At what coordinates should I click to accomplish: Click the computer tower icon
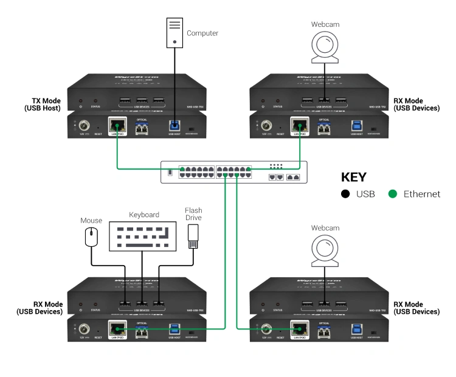coord(174,33)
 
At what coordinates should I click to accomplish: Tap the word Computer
coord(202,33)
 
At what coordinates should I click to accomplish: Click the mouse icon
coord(92,236)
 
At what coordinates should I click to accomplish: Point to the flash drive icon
coord(193,236)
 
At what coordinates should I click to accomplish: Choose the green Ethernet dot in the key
coord(392,194)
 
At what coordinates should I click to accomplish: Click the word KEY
coord(354,178)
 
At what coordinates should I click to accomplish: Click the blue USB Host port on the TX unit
coord(174,125)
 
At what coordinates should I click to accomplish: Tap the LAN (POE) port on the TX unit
coord(116,125)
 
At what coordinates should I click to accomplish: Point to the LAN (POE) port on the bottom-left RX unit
coord(116,329)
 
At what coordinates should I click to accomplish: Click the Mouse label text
coord(91,221)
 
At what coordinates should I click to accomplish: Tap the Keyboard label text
coord(144,215)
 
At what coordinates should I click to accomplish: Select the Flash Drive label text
coord(193,214)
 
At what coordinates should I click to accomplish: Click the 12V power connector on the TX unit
coord(82,126)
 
